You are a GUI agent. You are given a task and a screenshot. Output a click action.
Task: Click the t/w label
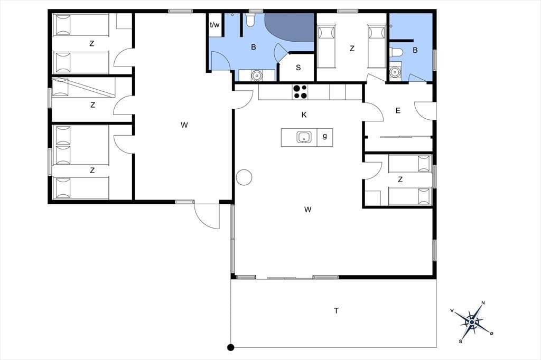[x=214, y=25]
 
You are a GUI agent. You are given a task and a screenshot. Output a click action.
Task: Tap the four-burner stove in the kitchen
[x=300, y=92]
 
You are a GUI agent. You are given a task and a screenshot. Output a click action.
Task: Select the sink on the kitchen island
[x=304, y=137]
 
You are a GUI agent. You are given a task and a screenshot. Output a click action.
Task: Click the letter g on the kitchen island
[x=325, y=136]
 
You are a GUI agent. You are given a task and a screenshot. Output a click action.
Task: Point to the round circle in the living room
[x=244, y=177]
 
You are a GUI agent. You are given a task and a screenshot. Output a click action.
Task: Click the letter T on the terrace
[x=336, y=311]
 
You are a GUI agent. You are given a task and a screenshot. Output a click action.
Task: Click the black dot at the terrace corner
[x=231, y=347]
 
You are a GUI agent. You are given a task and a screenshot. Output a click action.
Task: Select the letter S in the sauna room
[x=298, y=68]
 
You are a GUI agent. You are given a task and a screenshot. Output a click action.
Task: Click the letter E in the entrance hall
[x=398, y=111]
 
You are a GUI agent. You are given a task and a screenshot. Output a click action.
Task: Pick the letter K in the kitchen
[x=304, y=115]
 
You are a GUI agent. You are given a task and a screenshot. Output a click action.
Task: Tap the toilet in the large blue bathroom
[x=250, y=21]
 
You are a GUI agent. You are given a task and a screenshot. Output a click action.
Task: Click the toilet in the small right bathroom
[x=396, y=52]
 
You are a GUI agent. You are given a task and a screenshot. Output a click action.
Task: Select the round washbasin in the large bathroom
[x=256, y=75]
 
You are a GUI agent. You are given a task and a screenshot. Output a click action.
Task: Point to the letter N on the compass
[x=483, y=303]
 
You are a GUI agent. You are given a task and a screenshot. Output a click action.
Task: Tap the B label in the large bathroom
[x=253, y=47]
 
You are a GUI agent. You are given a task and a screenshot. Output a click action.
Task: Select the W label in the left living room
[x=184, y=125]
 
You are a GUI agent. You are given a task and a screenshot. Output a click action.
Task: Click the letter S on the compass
[x=460, y=342]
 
